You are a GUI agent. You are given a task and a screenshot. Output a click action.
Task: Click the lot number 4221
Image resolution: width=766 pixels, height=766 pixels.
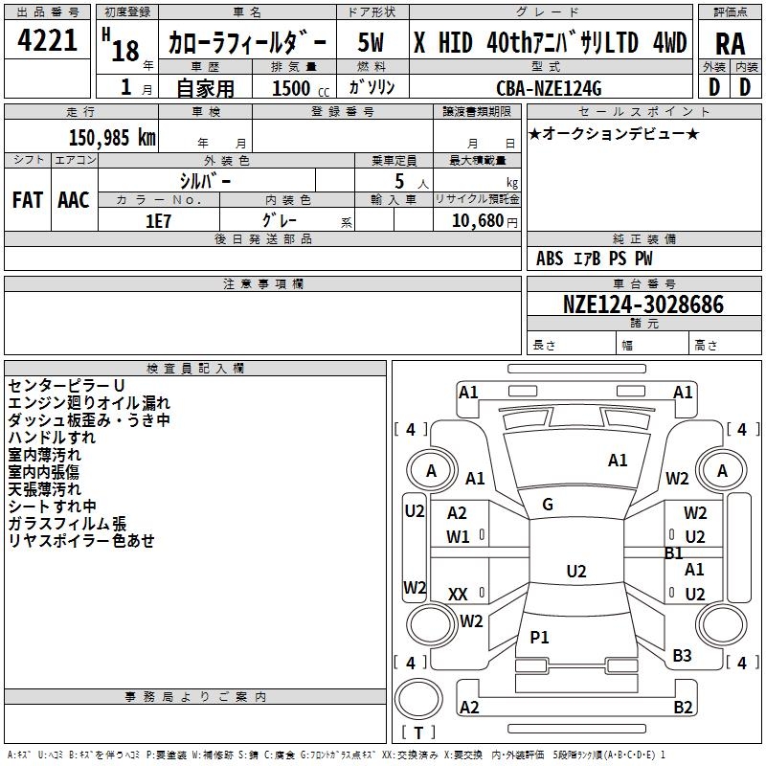tap(47, 41)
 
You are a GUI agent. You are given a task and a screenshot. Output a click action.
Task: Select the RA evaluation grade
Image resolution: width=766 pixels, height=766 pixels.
tap(730, 42)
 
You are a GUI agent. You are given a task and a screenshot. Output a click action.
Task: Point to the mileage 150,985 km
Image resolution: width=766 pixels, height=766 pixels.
tap(112, 137)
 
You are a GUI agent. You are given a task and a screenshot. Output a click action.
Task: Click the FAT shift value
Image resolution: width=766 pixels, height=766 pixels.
tap(28, 200)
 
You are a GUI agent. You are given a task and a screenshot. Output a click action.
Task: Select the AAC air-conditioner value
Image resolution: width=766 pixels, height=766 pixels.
tap(74, 200)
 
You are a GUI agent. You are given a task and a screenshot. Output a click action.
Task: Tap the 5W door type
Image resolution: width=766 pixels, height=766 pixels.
tap(372, 42)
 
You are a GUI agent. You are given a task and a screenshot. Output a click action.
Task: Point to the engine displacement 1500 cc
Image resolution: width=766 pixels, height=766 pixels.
tap(298, 89)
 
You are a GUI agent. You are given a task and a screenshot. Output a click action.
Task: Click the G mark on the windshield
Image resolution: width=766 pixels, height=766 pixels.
tap(547, 505)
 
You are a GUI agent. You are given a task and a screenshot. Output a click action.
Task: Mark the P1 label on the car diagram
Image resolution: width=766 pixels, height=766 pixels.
tap(540, 637)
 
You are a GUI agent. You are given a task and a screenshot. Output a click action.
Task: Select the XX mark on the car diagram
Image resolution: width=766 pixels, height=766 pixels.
tap(458, 595)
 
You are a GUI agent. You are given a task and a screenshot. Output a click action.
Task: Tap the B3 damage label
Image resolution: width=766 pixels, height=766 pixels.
tap(682, 656)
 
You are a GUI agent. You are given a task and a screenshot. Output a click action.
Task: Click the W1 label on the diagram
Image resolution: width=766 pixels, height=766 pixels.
tap(458, 536)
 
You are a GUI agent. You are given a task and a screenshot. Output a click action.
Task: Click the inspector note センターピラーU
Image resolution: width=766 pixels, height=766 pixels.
tap(66, 385)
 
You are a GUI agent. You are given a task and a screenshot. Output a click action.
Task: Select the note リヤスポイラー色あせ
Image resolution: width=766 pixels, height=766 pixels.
tap(81, 541)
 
